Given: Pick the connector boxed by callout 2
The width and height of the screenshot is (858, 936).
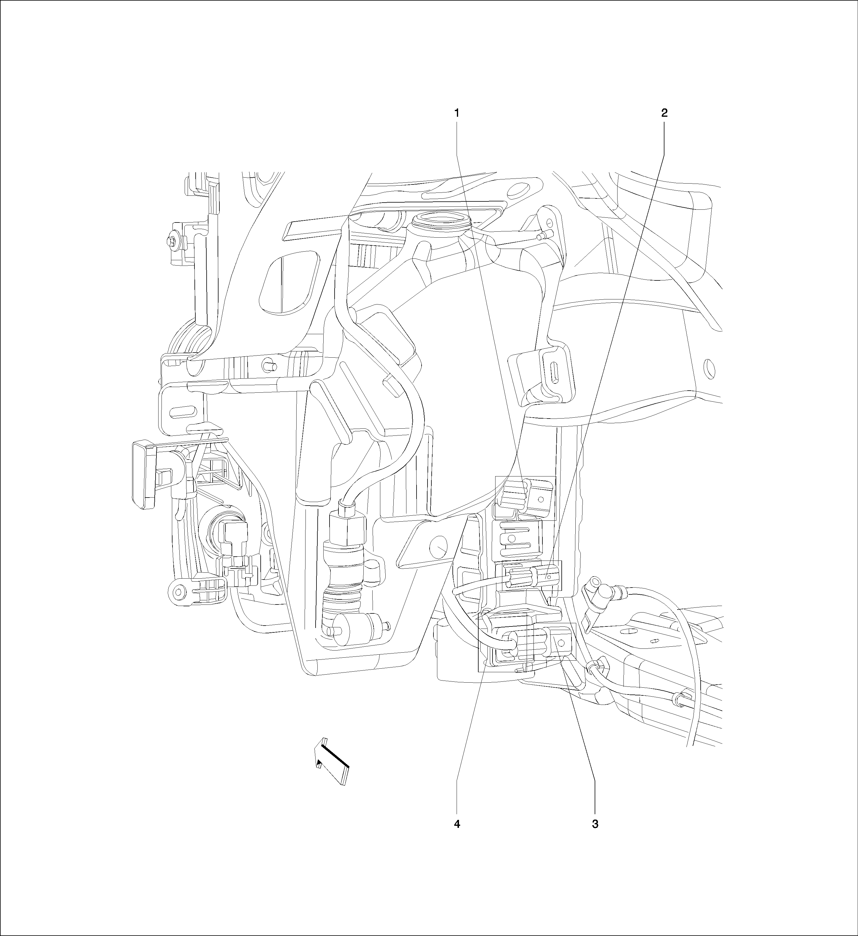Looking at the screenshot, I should (x=529, y=576).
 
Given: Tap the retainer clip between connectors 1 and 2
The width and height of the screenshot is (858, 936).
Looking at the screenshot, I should (x=515, y=538).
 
